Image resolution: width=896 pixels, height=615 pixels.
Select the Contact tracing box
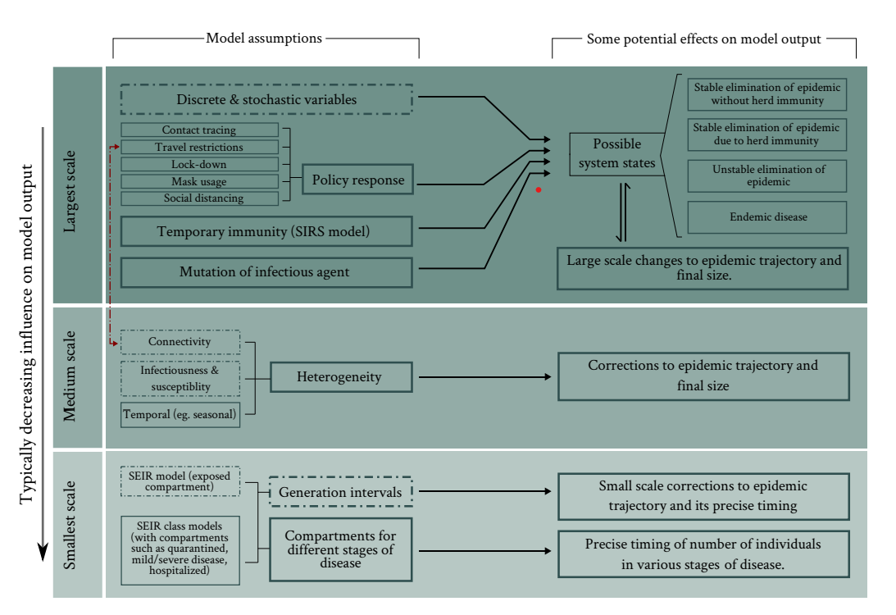point(199,130)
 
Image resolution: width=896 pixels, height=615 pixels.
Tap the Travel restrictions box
point(199,147)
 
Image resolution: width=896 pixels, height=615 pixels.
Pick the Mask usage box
point(199,181)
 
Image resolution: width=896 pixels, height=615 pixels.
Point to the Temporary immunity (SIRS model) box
point(266,231)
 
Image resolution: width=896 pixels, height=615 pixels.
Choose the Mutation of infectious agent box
point(266,271)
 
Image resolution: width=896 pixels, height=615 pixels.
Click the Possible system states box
point(616,153)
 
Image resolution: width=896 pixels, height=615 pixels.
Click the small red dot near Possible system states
point(539,190)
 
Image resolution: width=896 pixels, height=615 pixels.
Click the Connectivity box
point(180,341)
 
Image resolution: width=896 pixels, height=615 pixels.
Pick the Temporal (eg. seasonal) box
point(180,414)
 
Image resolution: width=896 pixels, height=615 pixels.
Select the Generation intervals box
point(341,492)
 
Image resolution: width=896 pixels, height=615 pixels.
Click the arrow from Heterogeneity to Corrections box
point(484,378)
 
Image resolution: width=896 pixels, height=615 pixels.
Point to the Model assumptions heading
point(264,38)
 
